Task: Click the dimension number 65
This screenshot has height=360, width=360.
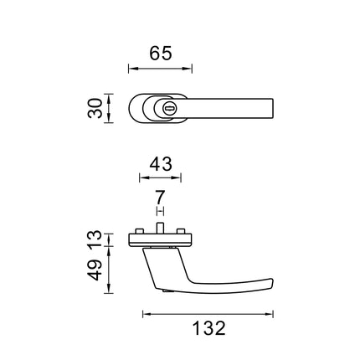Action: point(161,54)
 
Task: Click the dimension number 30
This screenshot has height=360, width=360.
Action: point(95,108)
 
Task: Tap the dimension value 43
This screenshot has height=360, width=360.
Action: point(161,164)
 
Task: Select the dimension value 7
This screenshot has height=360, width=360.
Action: point(160,198)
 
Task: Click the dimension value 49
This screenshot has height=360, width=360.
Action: point(95,270)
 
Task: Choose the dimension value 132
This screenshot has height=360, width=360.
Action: point(208,328)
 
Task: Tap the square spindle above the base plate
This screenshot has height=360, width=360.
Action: point(160,229)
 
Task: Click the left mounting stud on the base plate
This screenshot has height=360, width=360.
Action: point(139,232)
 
